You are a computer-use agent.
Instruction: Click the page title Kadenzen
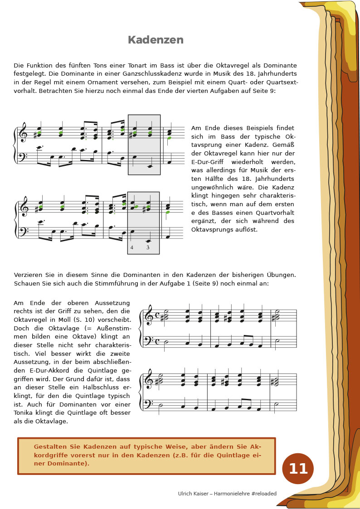pyautogui.click(x=156, y=40)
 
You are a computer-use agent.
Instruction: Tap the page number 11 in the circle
pyautogui.click(x=298, y=469)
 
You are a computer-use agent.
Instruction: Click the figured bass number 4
pyautogui.click(x=132, y=247)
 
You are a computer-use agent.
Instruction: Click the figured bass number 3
pyautogui.click(x=148, y=247)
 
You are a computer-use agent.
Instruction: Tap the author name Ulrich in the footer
pyautogui.click(x=186, y=494)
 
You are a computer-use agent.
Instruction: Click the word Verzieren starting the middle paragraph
pyautogui.click(x=28, y=275)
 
